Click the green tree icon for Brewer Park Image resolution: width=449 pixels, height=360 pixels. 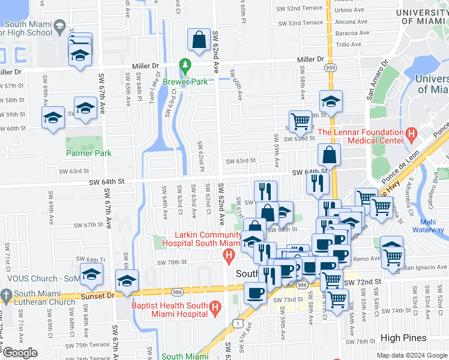pos(185,64)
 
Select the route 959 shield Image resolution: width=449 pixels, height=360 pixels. pos(331,68)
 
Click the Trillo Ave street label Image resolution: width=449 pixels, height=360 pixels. pos(348,44)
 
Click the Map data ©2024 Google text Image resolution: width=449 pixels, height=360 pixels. pos(412,355)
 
